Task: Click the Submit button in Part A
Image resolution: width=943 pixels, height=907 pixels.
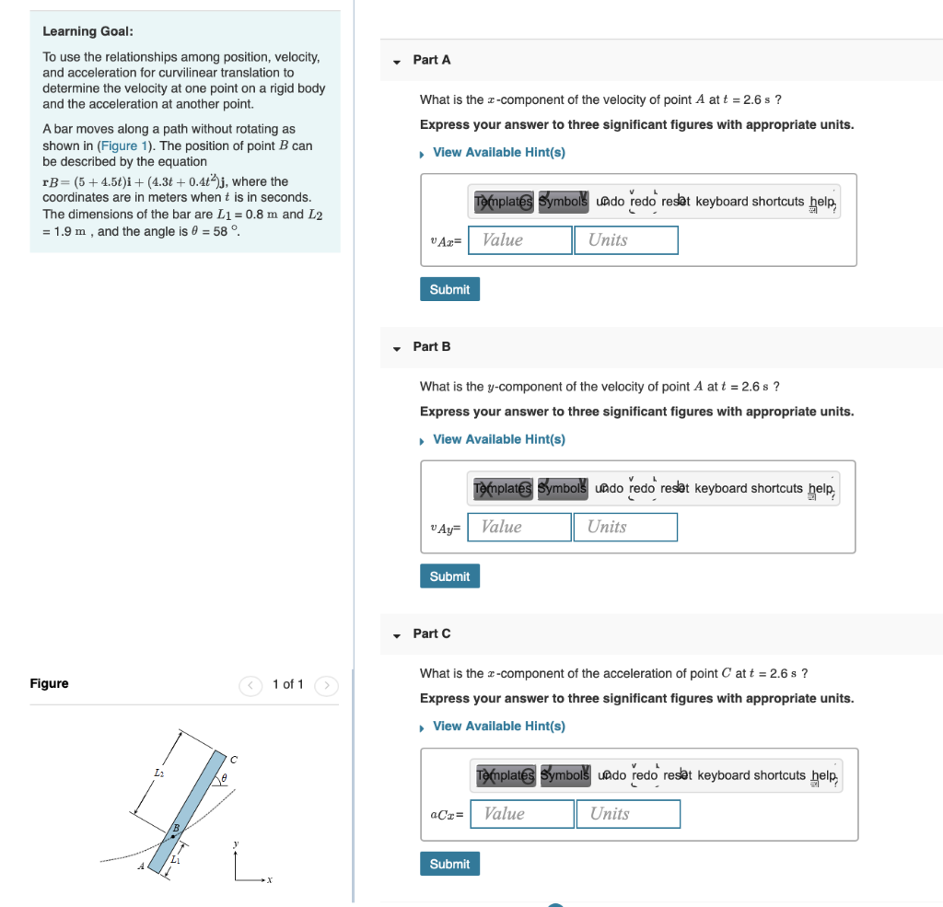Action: coord(449,289)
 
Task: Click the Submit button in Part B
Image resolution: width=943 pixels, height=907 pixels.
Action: coord(449,576)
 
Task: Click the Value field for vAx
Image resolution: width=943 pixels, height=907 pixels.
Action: coord(520,240)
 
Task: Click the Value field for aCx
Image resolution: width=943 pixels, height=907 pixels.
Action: coord(522,814)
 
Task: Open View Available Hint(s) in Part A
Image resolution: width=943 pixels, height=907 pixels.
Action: coord(498,152)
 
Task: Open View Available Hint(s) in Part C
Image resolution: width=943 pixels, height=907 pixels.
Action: coord(498,727)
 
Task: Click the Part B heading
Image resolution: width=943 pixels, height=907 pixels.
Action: coord(432,346)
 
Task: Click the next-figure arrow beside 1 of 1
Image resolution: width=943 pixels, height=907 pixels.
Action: coord(327,685)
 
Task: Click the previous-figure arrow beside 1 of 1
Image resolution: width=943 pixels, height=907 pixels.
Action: coord(250,685)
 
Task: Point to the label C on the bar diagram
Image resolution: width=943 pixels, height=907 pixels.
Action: coord(234,760)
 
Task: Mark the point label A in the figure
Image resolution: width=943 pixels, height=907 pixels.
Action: coord(142,866)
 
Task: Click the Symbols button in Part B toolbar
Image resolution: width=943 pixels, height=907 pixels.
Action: coord(563,488)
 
